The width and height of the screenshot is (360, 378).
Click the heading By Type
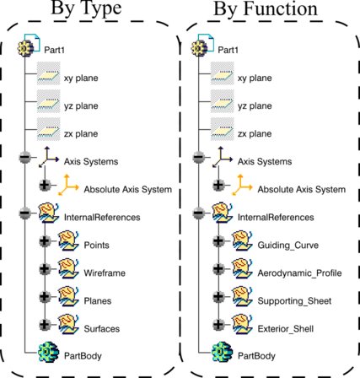pyautogui.click(x=86, y=8)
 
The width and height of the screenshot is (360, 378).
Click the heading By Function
pyautogui.click(x=266, y=8)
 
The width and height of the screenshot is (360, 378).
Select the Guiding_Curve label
pyautogui.click(x=288, y=246)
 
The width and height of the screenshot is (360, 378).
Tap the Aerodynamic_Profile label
pyautogui.click(x=299, y=273)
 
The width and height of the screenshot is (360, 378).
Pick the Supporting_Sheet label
pyautogui.click(x=294, y=301)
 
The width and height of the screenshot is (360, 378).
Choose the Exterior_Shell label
pyautogui.click(x=286, y=329)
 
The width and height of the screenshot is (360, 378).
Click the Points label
pyautogui.click(x=96, y=245)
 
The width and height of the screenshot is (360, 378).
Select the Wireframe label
pyautogui.click(x=105, y=273)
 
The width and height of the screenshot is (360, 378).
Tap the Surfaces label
pyautogui.click(x=102, y=329)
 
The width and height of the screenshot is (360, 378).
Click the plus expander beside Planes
pyautogui.click(x=45, y=297)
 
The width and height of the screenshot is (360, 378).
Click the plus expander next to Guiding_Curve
pyautogui.click(x=218, y=241)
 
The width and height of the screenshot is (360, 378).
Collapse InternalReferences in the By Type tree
pyautogui.click(x=24, y=213)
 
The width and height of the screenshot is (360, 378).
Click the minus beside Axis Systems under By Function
pyautogui.click(x=198, y=158)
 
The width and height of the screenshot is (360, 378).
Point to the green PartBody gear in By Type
pyautogui.click(x=49, y=352)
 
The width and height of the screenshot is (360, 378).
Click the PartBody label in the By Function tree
pyautogui.click(x=256, y=356)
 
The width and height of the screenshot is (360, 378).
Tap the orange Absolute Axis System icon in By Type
pyautogui.click(x=68, y=185)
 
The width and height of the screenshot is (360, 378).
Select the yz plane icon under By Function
pyautogui.click(x=223, y=101)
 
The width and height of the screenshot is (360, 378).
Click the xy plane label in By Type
pyautogui.click(x=81, y=78)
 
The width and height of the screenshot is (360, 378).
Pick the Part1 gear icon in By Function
pyautogui.click(x=199, y=48)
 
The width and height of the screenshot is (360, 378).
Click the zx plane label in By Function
pyautogui.click(x=255, y=133)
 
